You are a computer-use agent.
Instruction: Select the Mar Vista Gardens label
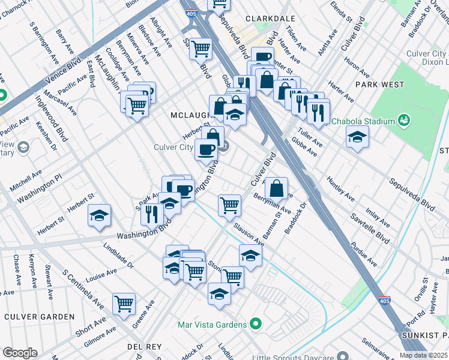pyautogui.click(x=212, y=325)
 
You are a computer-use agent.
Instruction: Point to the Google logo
pyautogui.click(x=20, y=353)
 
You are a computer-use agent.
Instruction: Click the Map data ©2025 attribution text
pyautogui.click(x=423, y=355)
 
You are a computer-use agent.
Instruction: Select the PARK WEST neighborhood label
pyautogui.click(x=379, y=85)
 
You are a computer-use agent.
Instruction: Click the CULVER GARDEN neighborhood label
pyautogui.click(x=40, y=316)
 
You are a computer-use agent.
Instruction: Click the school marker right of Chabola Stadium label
pyautogui.click(x=357, y=137)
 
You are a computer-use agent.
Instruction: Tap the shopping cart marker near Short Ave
pyautogui.click(x=124, y=304)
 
